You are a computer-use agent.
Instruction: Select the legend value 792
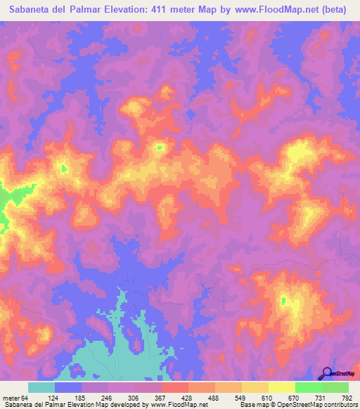coord(346,398)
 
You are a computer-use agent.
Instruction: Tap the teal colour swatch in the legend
coord(41,387)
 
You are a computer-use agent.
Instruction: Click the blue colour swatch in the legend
coord(68,387)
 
